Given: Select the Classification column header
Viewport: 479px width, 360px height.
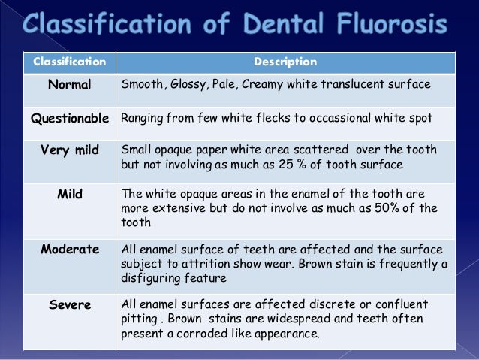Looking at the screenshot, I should click(x=64, y=62).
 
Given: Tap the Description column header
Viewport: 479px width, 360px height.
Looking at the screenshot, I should click(x=285, y=62).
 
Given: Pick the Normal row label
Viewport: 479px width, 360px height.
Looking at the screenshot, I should click(x=69, y=85).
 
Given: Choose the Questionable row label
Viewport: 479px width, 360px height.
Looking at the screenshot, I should click(x=70, y=118).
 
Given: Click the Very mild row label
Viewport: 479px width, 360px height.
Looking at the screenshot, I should click(x=69, y=150).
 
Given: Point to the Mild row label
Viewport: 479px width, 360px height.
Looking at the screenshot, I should click(x=69, y=195).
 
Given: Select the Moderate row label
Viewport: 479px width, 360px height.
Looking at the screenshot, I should click(x=70, y=249).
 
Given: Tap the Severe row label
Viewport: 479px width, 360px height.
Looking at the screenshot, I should click(x=70, y=304).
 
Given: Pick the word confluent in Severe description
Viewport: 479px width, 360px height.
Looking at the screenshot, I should click(x=400, y=304).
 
